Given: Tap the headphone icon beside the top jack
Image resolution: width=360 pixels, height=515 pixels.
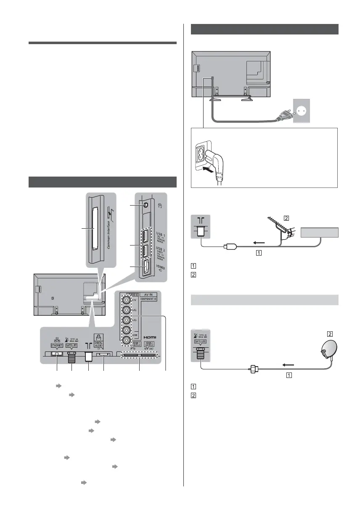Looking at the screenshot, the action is [161, 206].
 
